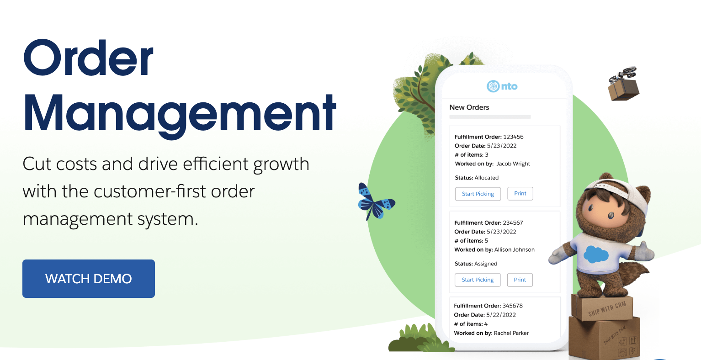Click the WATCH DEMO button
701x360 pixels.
(89, 278)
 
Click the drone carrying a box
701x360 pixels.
(623, 84)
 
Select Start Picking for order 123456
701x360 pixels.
(478, 194)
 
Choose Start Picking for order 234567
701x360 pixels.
(478, 280)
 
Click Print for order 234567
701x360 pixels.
(520, 280)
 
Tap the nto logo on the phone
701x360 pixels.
(502, 86)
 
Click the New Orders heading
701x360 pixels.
(469, 107)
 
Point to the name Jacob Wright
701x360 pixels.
(513, 164)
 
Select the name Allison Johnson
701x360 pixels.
(515, 249)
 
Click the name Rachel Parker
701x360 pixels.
(511, 333)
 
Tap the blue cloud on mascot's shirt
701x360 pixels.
(596, 254)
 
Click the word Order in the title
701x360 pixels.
(88, 58)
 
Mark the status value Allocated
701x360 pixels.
(487, 178)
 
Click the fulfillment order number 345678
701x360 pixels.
(513, 306)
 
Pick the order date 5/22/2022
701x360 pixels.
(501, 315)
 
